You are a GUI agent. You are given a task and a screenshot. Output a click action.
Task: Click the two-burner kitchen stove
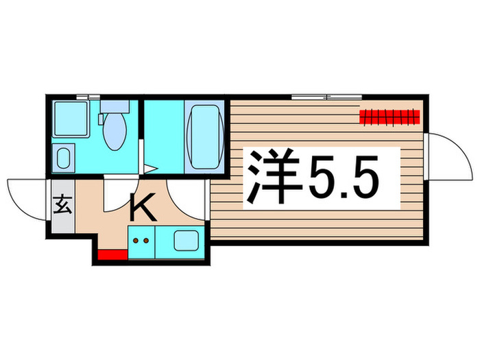(142, 241)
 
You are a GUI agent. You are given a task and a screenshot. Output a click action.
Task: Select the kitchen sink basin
(185, 241)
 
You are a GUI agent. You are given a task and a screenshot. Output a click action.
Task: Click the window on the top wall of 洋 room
(320, 96)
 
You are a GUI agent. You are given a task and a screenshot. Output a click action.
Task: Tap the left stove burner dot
(136, 241)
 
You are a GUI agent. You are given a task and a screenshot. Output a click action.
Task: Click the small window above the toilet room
(86, 97)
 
